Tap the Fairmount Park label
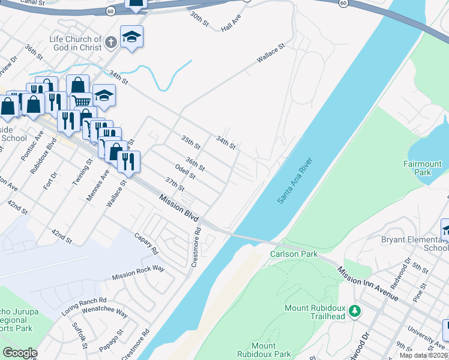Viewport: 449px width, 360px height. click(x=423, y=168)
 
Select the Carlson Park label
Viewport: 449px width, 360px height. click(x=294, y=254)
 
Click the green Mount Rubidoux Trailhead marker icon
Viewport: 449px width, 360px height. click(x=355, y=311)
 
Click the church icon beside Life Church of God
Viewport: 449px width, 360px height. click(x=110, y=43)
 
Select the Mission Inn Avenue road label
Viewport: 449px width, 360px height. click(x=367, y=284)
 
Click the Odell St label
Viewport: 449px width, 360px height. click(x=185, y=172)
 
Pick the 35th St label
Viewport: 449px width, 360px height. click(x=191, y=142)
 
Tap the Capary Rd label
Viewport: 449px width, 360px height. click(x=146, y=242)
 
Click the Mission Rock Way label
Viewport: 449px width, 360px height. click(x=138, y=273)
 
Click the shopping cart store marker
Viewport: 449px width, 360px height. click(x=82, y=101)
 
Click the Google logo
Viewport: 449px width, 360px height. click(x=20, y=353)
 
